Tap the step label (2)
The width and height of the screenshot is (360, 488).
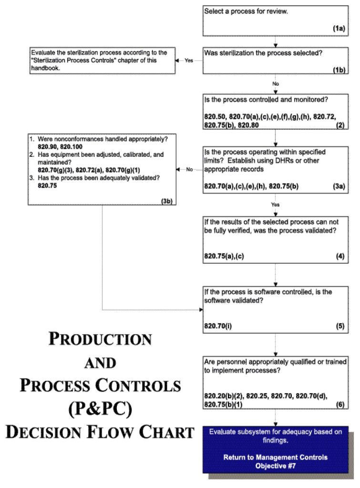[340, 126]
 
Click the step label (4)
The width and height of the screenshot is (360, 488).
[340, 256]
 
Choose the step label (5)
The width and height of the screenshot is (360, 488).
[340, 326]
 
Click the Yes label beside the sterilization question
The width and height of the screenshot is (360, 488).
[188, 61]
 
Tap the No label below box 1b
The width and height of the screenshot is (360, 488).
[276, 84]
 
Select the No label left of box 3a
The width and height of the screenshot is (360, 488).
[189, 169]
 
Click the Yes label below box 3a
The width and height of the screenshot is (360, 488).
[276, 204]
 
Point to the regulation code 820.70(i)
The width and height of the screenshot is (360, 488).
[218, 326]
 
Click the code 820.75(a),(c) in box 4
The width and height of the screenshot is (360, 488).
[225, 256]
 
